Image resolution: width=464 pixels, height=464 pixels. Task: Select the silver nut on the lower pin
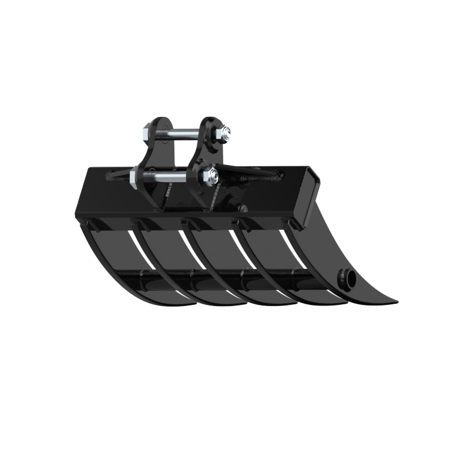pos(210,175)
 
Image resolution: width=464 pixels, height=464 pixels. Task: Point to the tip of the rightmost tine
pos(395,302)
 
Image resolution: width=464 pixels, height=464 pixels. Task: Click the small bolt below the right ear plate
pos(242,207)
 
